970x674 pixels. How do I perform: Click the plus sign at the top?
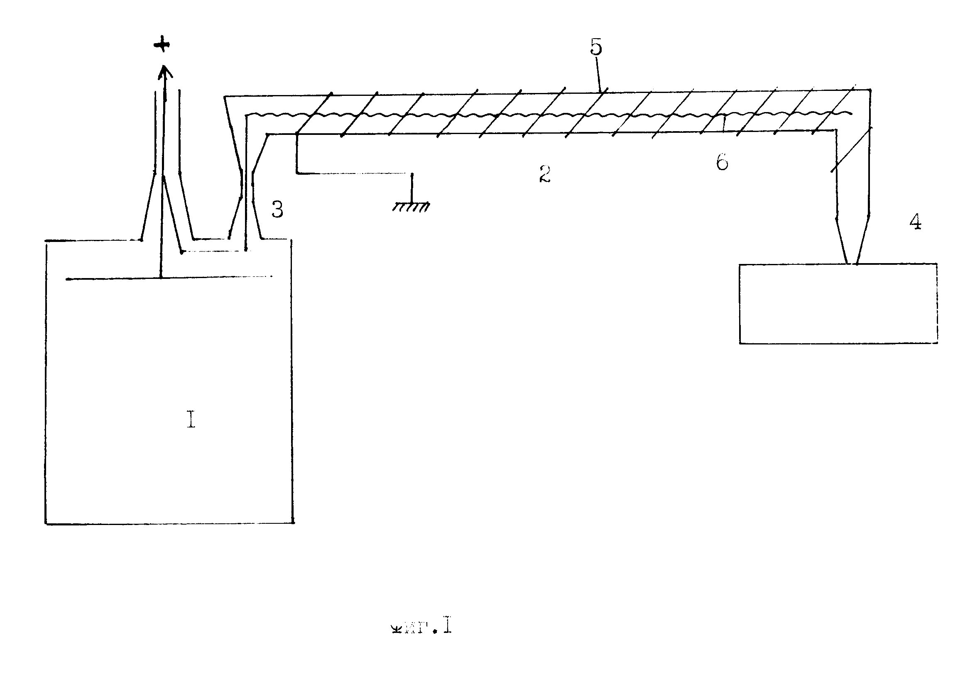tap(162, 44)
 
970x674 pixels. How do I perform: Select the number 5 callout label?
tap(596, 47)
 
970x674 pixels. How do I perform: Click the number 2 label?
tap(545, 174)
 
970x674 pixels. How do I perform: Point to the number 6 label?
tap(722, 162)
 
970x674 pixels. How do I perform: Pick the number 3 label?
tap(277, 210)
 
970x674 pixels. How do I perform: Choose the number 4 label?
tap(916, 222)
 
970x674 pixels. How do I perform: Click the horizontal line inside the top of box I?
tap(169, 278)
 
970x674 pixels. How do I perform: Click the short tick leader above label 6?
tap(724, 124)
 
